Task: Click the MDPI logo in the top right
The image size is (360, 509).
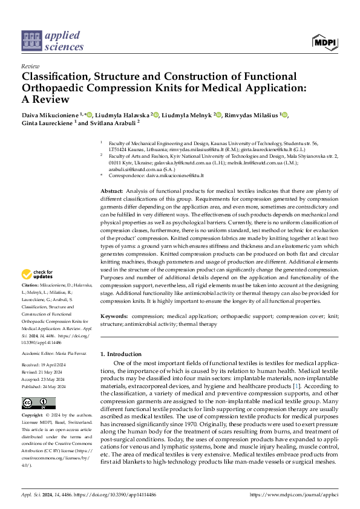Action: (x=325, y=41)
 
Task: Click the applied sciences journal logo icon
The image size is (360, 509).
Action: (x=31, y=41)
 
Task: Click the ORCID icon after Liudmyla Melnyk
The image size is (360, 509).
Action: (x=218, y=115)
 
